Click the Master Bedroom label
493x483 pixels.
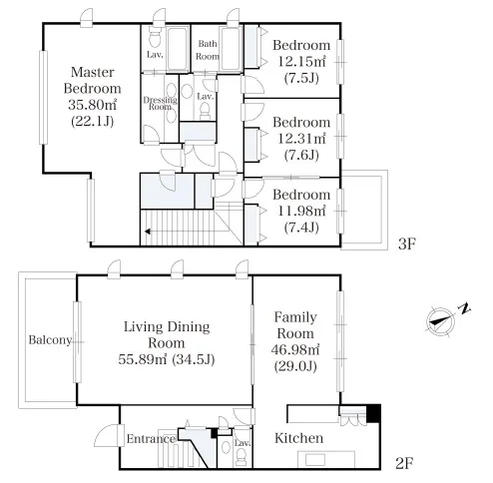click(93, 80)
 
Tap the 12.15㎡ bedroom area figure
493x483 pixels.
click(301, 62)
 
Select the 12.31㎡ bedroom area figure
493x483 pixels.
click(301, 139)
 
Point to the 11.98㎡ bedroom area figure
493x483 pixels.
click(301, 211)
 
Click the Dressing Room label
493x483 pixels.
click(160, 103)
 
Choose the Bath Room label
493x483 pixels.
click(208, 50)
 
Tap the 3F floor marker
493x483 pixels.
click(407, 244)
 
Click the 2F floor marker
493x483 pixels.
click(404, 463)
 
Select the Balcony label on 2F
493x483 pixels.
click(50, 340)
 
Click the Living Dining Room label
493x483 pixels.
click(167, 334)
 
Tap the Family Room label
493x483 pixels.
click(295, 325)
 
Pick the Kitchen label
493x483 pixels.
click(298, 438)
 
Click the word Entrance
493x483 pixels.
click(151, 439)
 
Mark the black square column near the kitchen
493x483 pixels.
click(373, 413)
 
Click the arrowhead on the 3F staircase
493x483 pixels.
click(148, 232)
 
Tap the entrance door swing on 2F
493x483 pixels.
click(107, 436)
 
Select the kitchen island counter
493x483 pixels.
click(326, 459)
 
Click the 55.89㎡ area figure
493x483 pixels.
click(142, 359)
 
